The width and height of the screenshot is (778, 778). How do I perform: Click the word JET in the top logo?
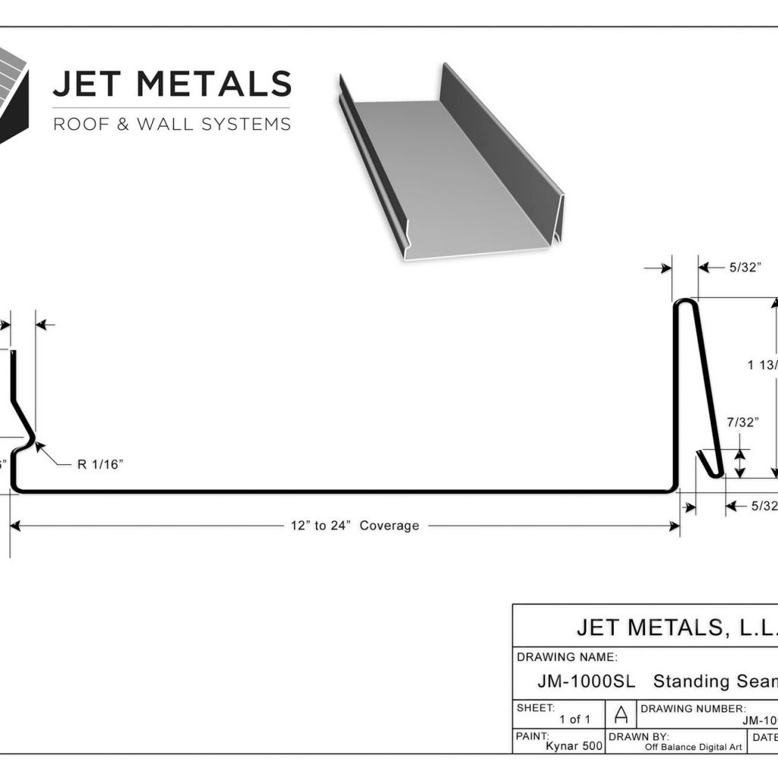[86, 84]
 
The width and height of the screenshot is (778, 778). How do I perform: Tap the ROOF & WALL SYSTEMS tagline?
[172, 124]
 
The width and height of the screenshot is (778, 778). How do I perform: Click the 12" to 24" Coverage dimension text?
[354, 525]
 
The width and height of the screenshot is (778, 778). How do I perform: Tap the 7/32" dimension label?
[742, 422]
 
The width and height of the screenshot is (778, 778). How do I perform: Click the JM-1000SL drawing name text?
[586, 681]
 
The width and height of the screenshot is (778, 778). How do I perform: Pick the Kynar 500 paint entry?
[574, 746]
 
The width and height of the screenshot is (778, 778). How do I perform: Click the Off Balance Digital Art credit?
[693, 747]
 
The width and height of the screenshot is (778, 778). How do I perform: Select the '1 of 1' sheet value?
[574, 719]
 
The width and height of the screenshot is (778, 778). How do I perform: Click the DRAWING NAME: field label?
[567, 657]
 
